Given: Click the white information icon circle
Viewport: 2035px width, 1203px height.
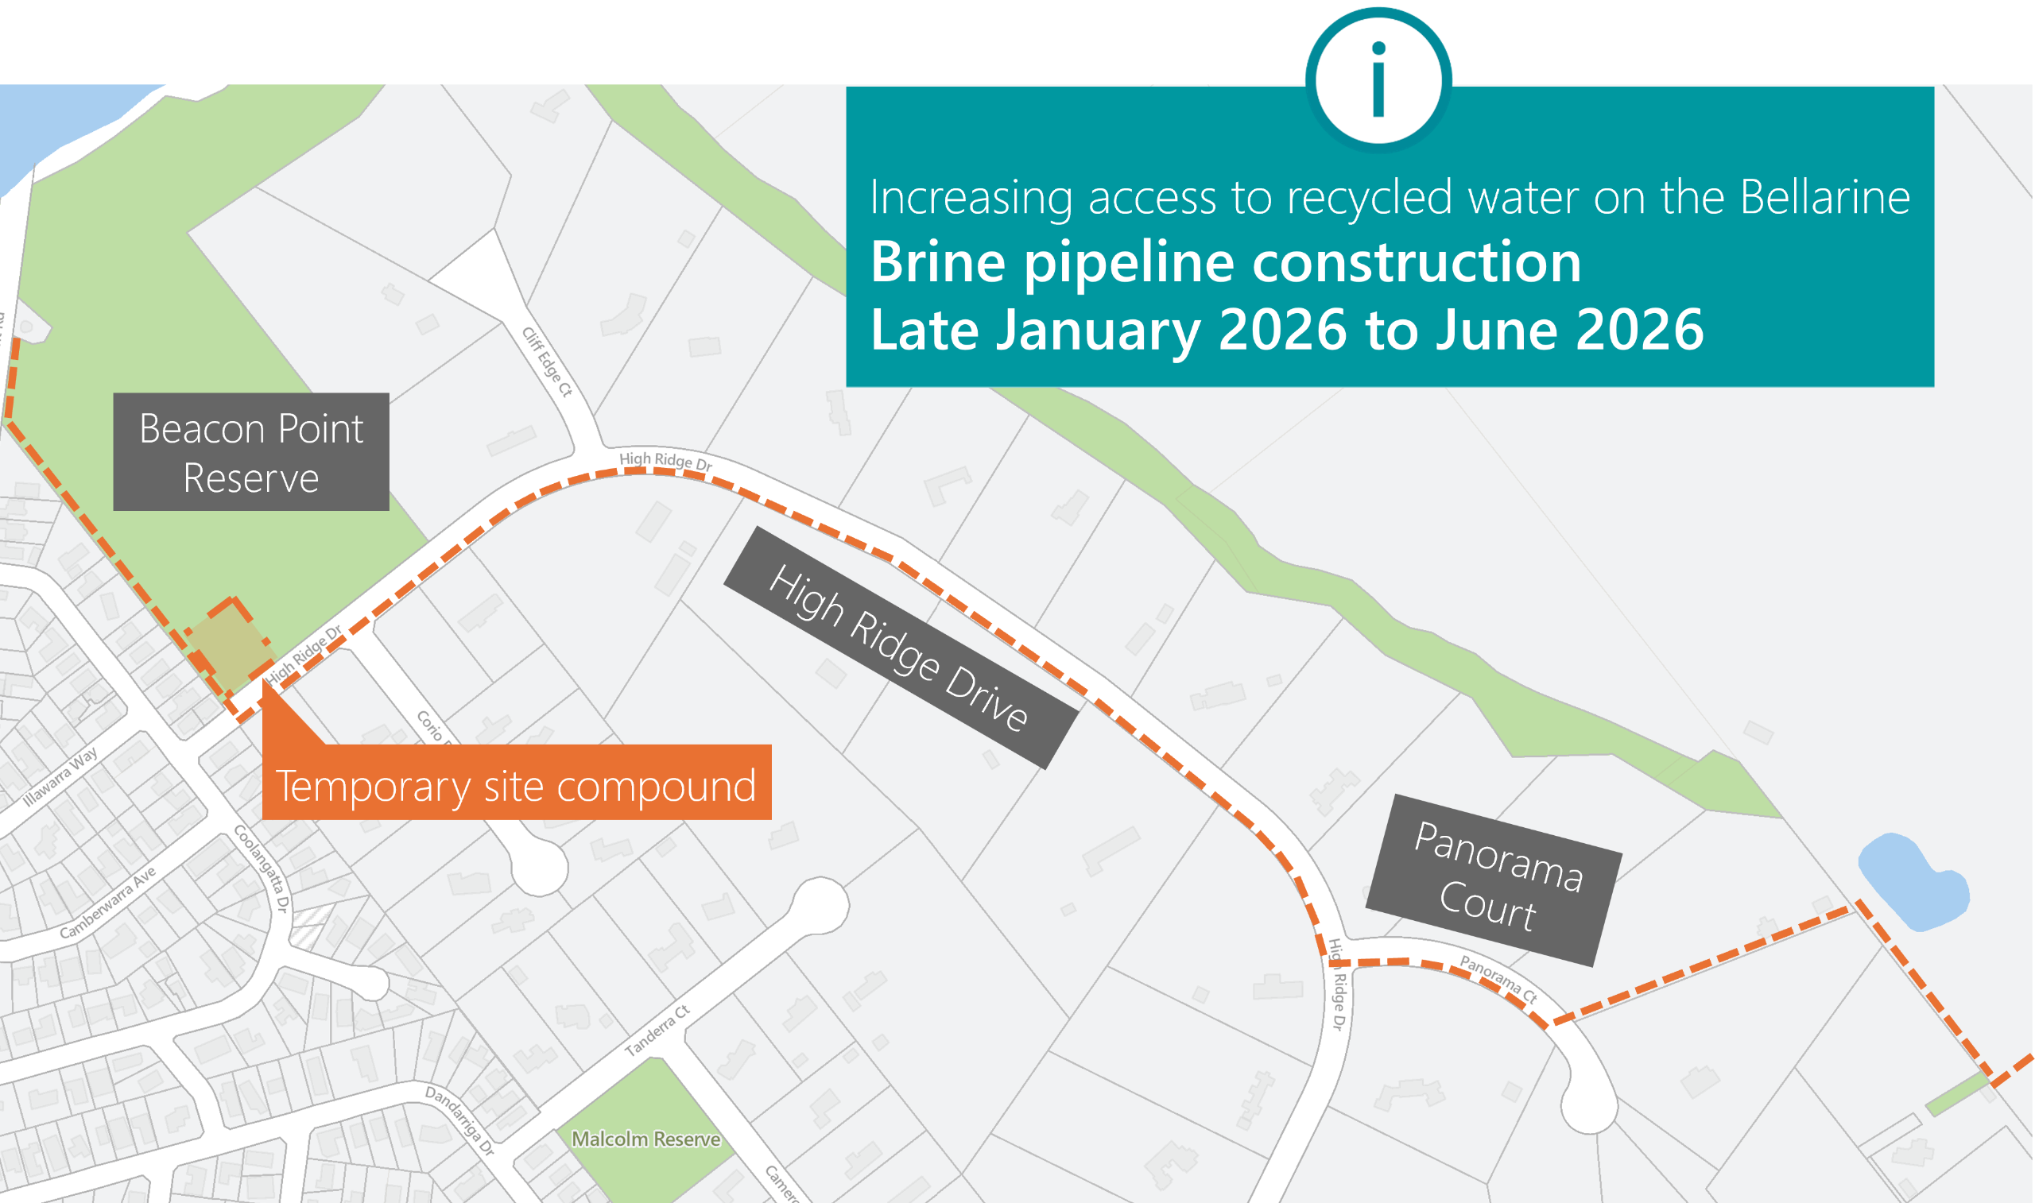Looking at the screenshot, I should click(x=1378, y=79).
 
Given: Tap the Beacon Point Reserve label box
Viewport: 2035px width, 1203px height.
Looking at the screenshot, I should click(x=250, y=451).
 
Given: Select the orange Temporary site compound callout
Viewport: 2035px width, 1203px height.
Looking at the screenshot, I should click(x=517, y=783).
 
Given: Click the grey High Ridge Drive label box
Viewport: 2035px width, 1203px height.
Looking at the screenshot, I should click(x=899, y=648).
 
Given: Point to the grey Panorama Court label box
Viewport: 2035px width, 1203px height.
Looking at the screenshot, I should click(x=1494, y=880).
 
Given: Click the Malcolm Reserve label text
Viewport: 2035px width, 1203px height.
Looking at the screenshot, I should click(x=645, y=1139).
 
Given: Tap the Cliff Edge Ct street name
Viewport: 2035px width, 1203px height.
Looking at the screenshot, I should click(x=547, y=362).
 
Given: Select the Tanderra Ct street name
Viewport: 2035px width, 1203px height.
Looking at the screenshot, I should click(x=657, y=1031).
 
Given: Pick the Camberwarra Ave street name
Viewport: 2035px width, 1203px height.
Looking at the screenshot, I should click(x=108, y=903).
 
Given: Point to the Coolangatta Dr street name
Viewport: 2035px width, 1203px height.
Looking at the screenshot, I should click(x=261, y=868).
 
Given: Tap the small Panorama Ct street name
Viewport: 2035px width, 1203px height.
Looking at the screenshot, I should click(x=1498, y=978).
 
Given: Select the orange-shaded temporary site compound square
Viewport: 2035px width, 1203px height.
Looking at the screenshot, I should click(x=231, y=642).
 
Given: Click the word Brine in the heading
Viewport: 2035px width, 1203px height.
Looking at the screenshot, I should click(x=938, y=262).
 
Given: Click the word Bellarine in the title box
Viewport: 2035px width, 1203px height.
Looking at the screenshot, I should click(x=1824, y=197).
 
